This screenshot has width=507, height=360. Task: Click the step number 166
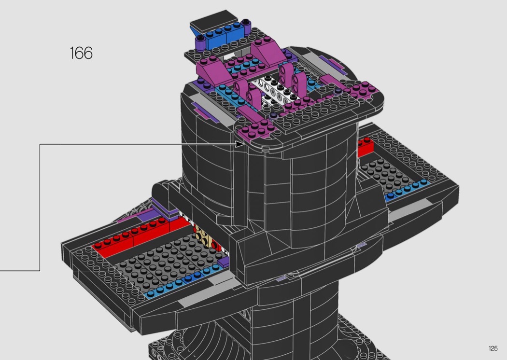coord(81,53)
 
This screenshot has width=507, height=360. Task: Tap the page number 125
coord(493,348)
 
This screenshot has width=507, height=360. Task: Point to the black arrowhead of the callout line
coord(240,144)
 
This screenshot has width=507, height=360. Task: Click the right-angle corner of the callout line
coord(40,144)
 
